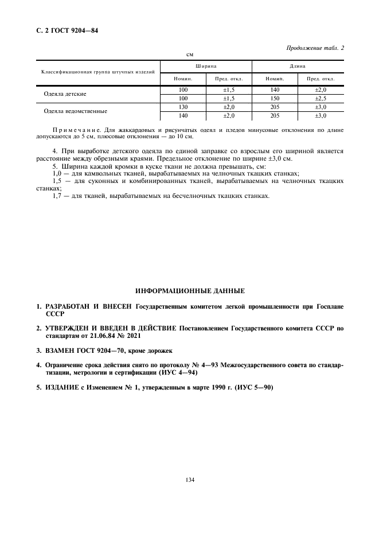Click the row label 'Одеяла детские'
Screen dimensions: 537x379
(65, 93)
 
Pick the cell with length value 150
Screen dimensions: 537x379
(274, 98)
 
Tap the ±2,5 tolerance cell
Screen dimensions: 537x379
(320, 98)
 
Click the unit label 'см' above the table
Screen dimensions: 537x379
(190, 55)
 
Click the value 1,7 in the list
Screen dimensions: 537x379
(57, 196)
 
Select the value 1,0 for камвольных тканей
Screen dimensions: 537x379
(57, 173)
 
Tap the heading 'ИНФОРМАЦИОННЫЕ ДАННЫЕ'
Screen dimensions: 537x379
(190, 291)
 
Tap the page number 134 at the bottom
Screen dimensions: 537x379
(190, 480)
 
